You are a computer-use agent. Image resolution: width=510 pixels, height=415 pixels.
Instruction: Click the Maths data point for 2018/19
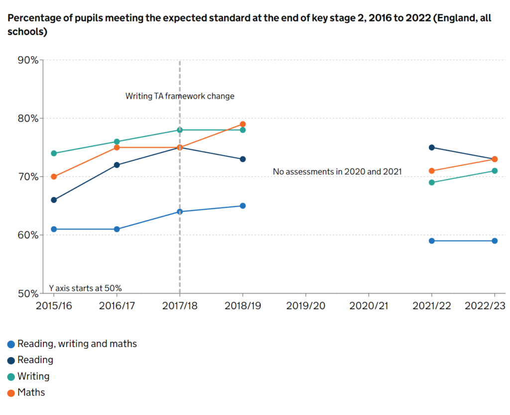pyautogui.click(x=243, y=124)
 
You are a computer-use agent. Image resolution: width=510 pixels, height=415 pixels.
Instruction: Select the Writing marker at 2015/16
pyautogui.click(x=53, y=153)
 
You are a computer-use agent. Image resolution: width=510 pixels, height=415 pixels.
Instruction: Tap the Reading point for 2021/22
pyautogui.click(x=432, y=148)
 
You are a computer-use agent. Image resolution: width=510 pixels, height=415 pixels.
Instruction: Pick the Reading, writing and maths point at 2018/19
pyautogui.click(x=243, y=206)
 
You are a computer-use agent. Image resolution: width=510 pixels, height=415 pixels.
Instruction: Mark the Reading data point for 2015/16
pyautogui.click(x=53, y=200)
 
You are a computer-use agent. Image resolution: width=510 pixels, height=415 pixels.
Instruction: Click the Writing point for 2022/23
pyautogui.click(x=495, y=171)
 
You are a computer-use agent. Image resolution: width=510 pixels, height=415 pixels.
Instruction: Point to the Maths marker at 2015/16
pyautogui.click(x=53, y=177)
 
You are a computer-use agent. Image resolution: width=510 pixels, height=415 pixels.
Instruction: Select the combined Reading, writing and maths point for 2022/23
pyautogui.click(x=495, y=241)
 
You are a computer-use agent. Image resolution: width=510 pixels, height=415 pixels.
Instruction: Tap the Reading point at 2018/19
pyautogui.click(x=243, y=159)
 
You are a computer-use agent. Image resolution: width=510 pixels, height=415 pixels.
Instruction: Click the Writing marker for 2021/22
pyautogui.click(x=432, y=183)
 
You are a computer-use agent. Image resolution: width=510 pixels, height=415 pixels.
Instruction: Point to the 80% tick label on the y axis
pyautogui.click(x=28, y=118)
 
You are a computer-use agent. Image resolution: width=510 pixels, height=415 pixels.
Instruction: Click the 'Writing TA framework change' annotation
pyautogui.click(x=179, y=96)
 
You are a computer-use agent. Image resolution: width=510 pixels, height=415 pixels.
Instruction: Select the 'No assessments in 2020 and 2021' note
pyautogui.click(x=337, y=172)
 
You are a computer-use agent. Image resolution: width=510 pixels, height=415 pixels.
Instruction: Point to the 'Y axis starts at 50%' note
pyautogui.click(x=85, y=288)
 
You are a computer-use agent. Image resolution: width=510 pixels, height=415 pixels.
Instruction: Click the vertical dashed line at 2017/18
pyautogui.click(x=179, y=249)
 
